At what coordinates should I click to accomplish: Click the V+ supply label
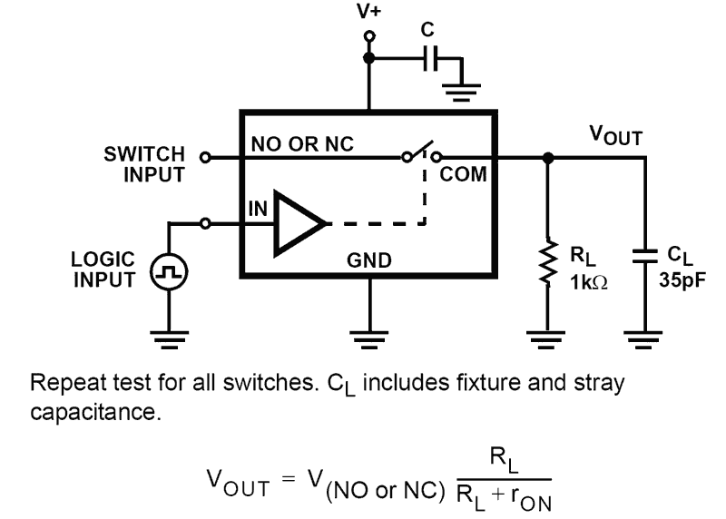pyautogui.click(x=368, y=13)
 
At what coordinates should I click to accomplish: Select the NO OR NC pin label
pyautogui.click(x=301, y=144)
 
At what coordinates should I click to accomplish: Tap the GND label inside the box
pyautogui.click(x=368, y=261)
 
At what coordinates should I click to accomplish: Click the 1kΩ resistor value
pyautogui.click(x=588, y=282)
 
